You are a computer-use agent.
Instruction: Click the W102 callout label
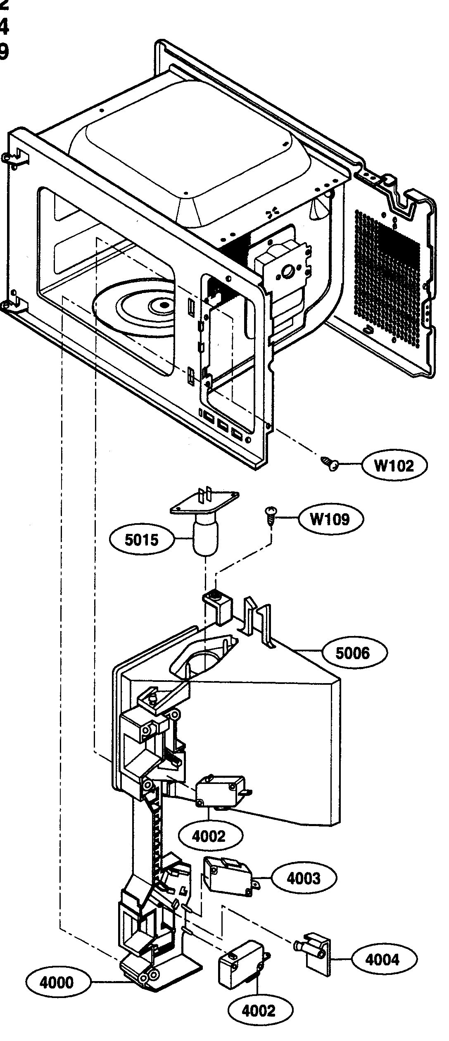click(x=394, y=466)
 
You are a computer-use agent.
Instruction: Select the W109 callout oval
click(x=330, y=519)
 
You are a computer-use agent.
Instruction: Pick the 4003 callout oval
click(x=304, y=878)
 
